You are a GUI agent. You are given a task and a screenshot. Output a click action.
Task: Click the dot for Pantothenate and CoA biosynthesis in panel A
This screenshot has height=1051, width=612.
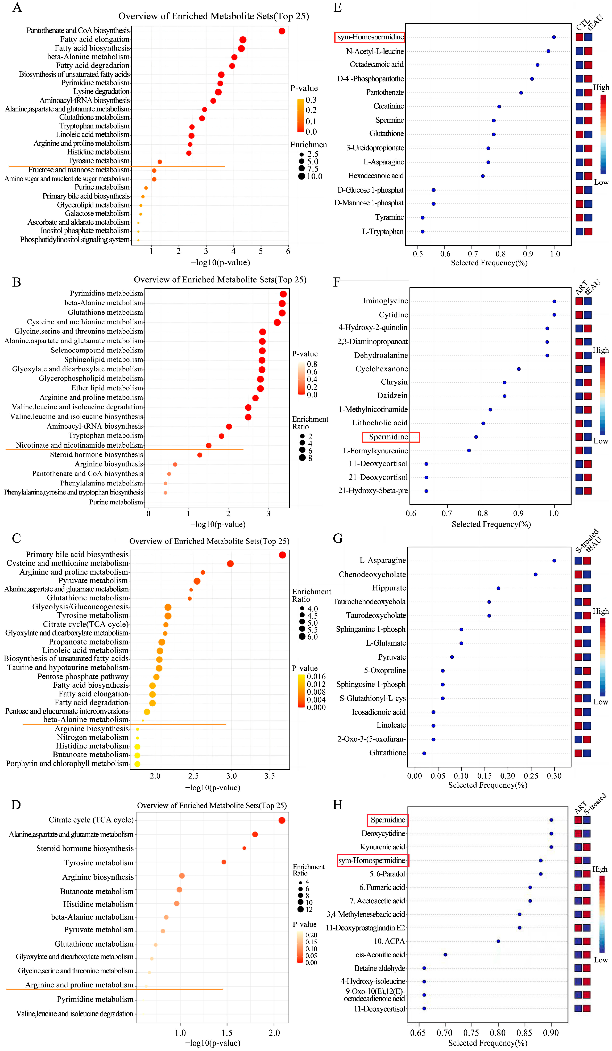(x=282, y=31)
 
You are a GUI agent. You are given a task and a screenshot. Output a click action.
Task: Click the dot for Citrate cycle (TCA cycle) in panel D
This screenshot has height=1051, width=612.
(x=282, y=820)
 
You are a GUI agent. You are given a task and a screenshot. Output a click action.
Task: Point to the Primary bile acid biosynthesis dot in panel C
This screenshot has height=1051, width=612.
(x=282, y=555)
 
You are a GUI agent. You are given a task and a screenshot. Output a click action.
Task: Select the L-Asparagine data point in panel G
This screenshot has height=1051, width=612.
(x=554, y=560)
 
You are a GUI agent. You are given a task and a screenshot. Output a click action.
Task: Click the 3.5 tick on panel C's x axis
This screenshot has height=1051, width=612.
(x=270, y=776)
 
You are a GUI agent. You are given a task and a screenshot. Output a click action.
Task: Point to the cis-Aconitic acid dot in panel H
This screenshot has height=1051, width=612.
(x=446, y=955)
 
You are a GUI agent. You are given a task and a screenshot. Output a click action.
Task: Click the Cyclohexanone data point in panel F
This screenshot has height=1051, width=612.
(x=519, y=369)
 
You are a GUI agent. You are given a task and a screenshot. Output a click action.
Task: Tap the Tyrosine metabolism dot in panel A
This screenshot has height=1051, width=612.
(x=160, y=162)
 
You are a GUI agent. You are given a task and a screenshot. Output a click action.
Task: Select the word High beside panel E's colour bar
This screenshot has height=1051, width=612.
(x=601, y=88)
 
